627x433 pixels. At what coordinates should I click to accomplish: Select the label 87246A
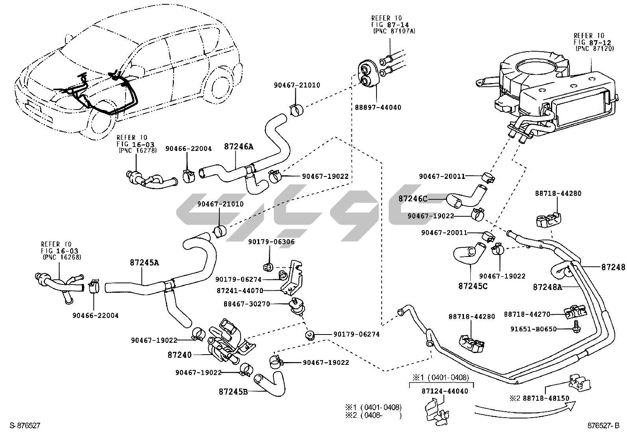pos(239,147)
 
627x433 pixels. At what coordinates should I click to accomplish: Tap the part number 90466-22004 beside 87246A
pos(188,149)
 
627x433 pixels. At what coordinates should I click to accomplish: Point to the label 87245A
pos(145,262)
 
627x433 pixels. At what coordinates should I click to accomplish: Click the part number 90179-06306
pos(271,242)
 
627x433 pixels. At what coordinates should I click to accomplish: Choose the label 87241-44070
pos(240,291)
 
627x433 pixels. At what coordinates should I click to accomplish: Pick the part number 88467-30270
pos(247,304)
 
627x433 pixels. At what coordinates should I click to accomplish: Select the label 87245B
pos(233,392)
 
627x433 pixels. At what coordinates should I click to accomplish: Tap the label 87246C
pos(412,199)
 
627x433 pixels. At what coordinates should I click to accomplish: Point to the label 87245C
pos(473,286)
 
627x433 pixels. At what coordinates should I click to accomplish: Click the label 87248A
pos(547,287)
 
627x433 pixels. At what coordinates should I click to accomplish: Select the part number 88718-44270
pos(527,314)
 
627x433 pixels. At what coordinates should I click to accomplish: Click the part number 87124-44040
pos(445,391)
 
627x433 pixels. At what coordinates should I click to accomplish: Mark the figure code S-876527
pos(25,426)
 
